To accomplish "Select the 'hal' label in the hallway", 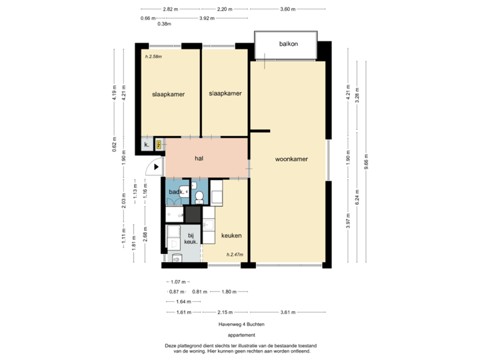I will (x=199, y=158).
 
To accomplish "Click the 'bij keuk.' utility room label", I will (x=190, y=239).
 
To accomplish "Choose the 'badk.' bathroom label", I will (x=175, y=192).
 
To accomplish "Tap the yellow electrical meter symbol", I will (x=159, y=144).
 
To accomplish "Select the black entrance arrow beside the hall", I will (x=157, y=168).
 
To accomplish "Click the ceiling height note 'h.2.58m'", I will (x=154, y=57).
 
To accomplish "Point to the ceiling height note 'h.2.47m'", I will (x=235, y=254).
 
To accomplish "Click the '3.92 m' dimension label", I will (x=207, y=18).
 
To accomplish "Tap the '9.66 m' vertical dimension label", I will (x=366, y=163).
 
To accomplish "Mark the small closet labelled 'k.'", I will (x=146, y=145).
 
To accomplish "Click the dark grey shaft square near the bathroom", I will (x=193, y=215).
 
